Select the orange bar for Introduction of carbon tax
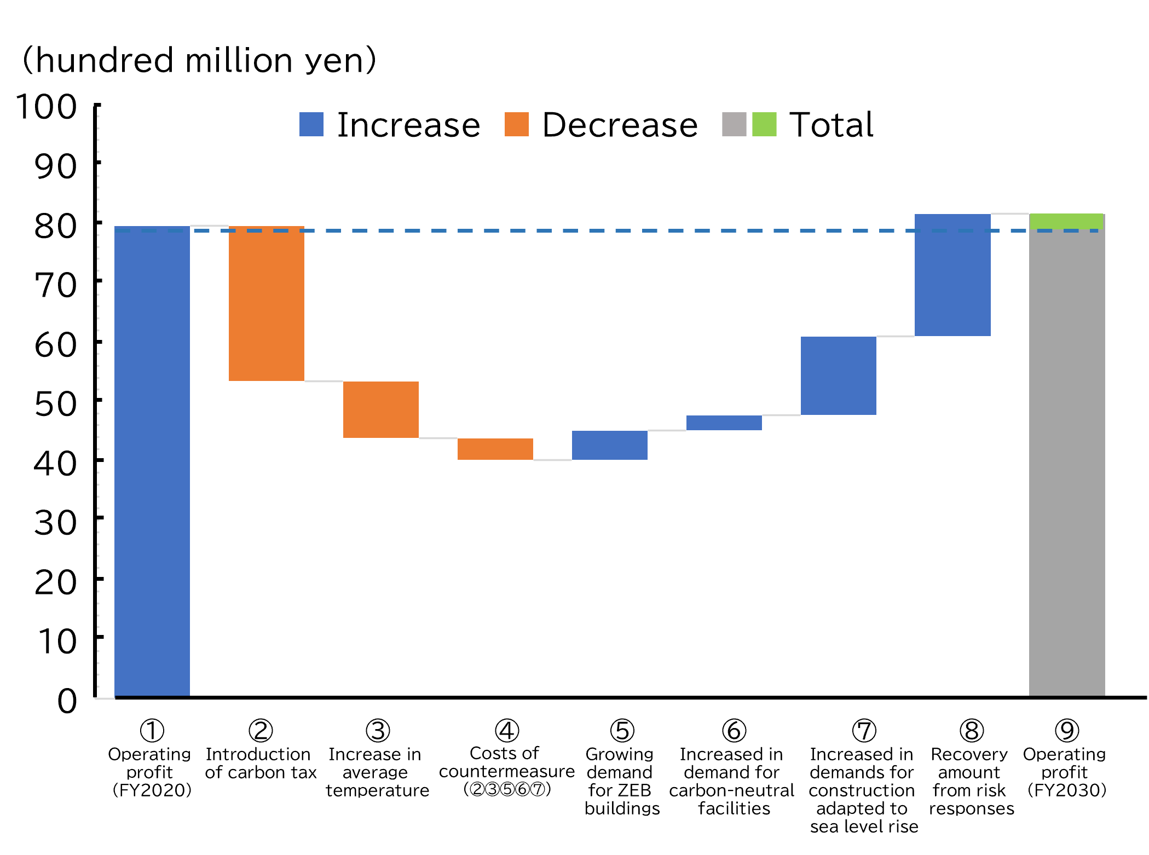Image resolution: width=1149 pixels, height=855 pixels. [267, 304]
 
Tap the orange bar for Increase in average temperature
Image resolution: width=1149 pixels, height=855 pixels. [381, 409]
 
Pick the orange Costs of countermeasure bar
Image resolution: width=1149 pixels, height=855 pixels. [495, 449]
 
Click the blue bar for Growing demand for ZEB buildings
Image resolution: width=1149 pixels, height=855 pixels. [610, 445]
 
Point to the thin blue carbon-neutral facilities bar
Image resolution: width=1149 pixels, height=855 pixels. [724, 423]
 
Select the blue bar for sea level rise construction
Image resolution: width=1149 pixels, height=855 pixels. [839, 375]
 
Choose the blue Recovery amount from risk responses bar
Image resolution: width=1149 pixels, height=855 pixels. [952, 275]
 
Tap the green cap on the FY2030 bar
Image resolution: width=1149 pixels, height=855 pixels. [1067, 221]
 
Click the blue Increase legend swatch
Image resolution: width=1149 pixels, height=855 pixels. [311, 124]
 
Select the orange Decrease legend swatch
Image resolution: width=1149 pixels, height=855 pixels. [516, 124]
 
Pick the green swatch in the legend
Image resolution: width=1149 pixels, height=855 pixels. [764, 124]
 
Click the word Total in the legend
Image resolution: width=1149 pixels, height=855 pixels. [832, 125]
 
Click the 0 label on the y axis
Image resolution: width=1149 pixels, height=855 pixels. [67, 701]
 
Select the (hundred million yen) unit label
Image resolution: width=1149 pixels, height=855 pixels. [199, 60]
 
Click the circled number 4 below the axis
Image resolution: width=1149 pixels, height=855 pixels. [507, 730]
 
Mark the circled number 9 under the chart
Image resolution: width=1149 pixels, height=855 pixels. [1067, 730]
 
